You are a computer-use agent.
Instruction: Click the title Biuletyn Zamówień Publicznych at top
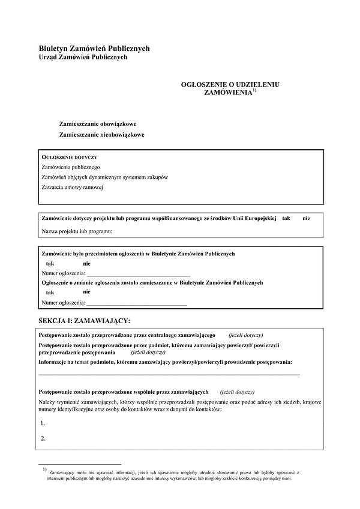(x=94, y=48)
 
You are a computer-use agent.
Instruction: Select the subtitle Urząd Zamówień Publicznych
(x=83, y=57)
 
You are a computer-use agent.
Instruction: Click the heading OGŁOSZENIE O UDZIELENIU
(x=230, y=85)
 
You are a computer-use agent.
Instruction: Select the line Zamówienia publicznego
(x=71, y=167)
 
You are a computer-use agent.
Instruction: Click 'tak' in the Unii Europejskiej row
(x=286, y=219)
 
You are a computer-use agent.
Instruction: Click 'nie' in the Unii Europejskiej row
(x=306, y=219)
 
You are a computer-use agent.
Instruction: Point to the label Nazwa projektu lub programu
(x=77, y=231)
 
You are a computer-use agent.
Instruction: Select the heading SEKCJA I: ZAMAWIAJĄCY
(x=83, y=321)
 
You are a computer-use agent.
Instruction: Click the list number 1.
(x=43, y=423)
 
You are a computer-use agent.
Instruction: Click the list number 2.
(x=43, y=438)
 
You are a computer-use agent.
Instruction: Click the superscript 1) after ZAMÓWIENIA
(x=254, y=91)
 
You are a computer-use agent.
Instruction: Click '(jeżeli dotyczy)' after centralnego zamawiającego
(x=245, y=335)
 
